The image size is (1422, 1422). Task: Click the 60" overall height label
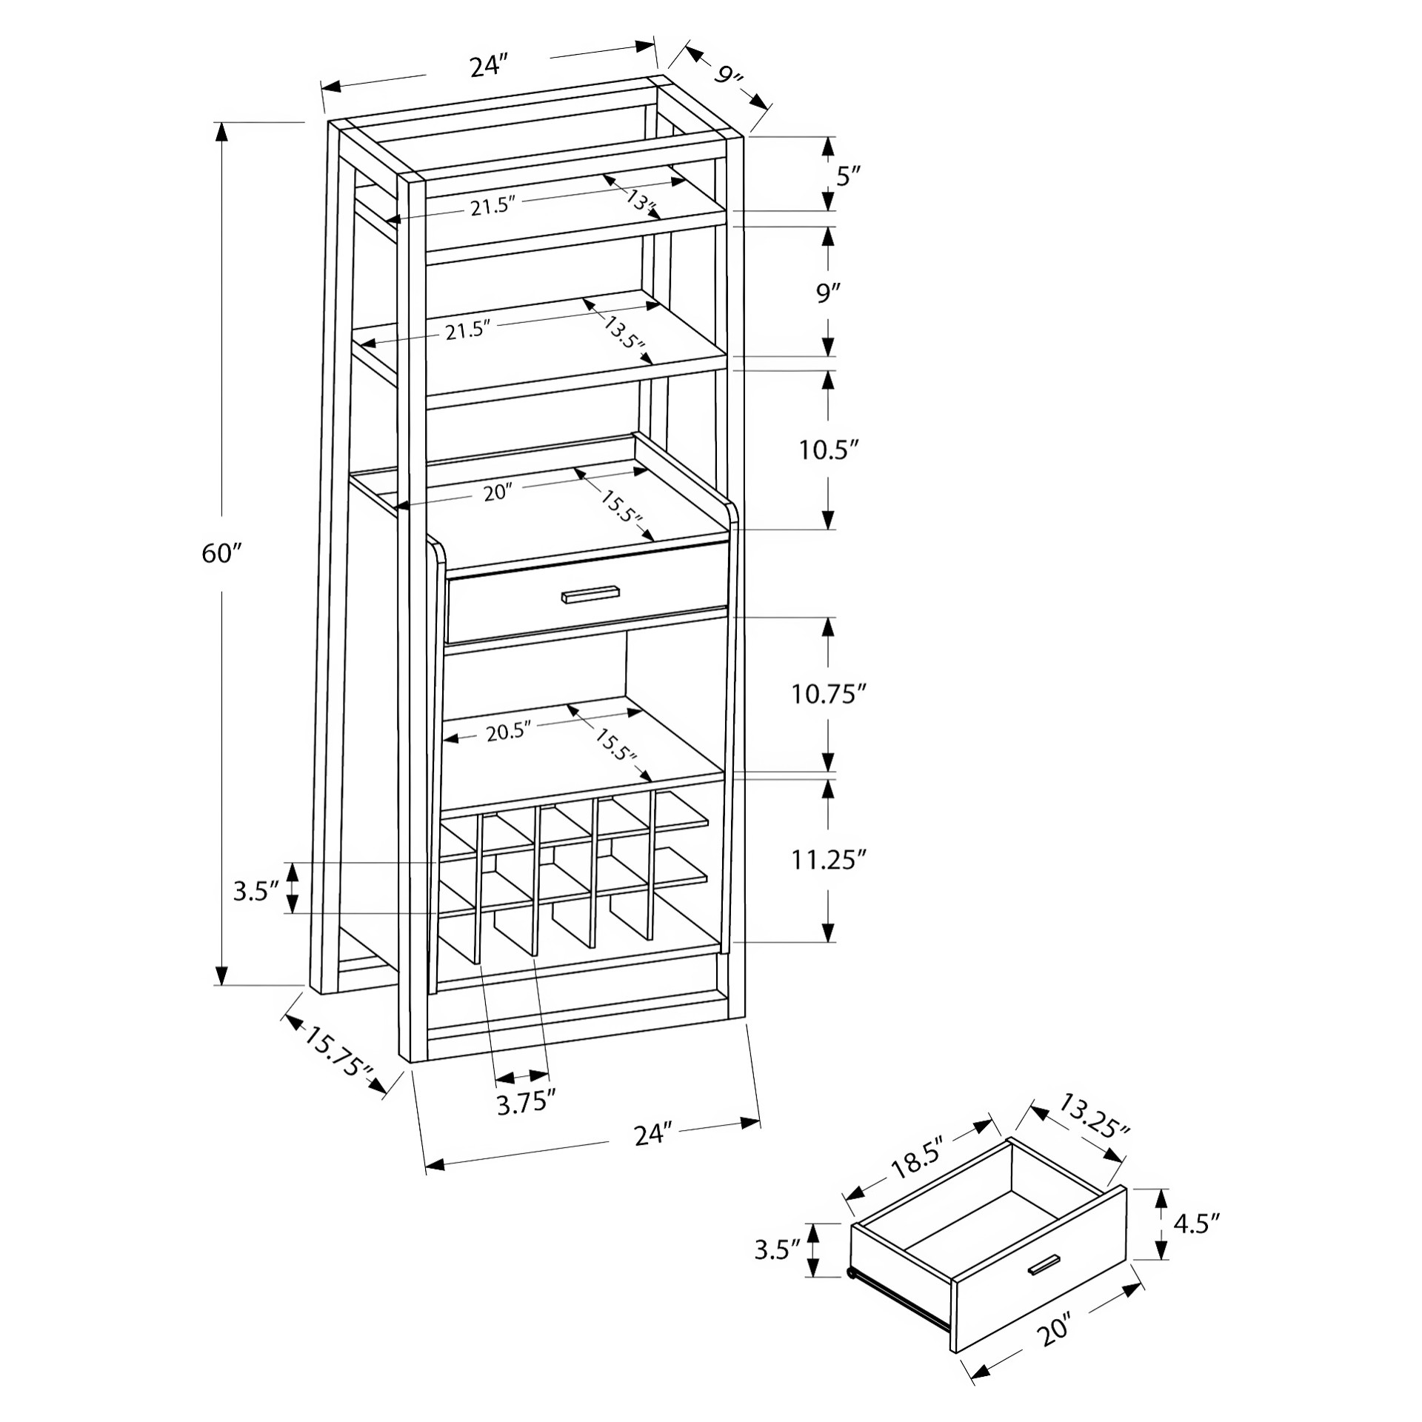point(222,553)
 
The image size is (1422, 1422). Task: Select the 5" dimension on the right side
point(848,176)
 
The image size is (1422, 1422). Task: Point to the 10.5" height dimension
point(829,450)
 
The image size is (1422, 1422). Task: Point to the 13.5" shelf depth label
point(624,335)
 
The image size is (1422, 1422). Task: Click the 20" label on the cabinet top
point(498,492)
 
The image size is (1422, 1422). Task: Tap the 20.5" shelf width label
point(510,732)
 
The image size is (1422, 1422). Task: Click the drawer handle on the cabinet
point(590,595)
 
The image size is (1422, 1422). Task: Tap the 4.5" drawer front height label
point(1196,1223)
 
